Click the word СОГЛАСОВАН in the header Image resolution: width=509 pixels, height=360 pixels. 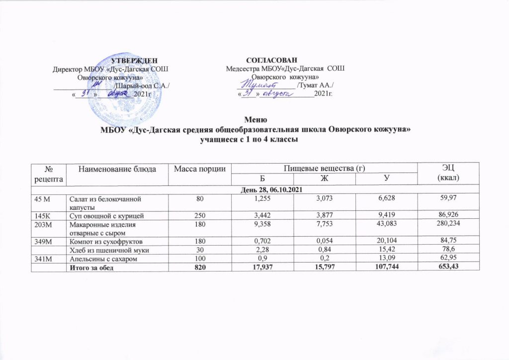click(271, 61)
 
